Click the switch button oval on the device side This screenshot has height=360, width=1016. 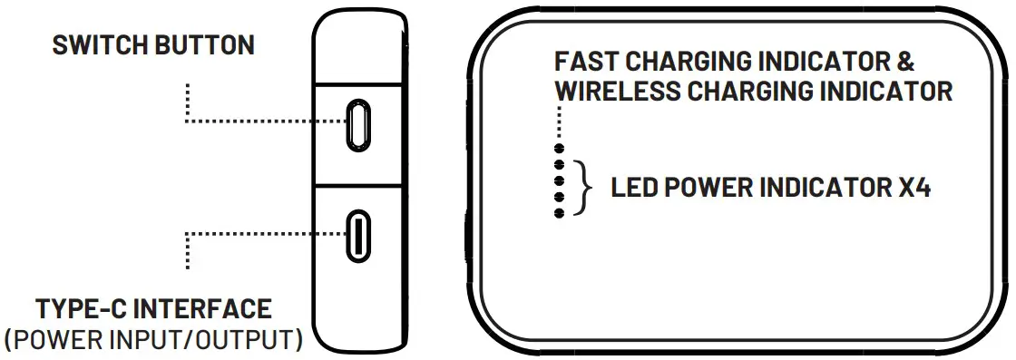click(x=359, y=124)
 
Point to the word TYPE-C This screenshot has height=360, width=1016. click(x=83, y=309)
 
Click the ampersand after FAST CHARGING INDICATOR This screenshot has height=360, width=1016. click(x=904, y=63)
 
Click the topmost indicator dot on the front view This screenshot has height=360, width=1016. click(x=560, y=148)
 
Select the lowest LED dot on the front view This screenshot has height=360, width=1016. click(x=560, y=212)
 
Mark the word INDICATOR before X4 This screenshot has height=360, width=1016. click(x=824, y=189)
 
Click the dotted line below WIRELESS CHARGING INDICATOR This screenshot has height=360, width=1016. click(x=561, y=122)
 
